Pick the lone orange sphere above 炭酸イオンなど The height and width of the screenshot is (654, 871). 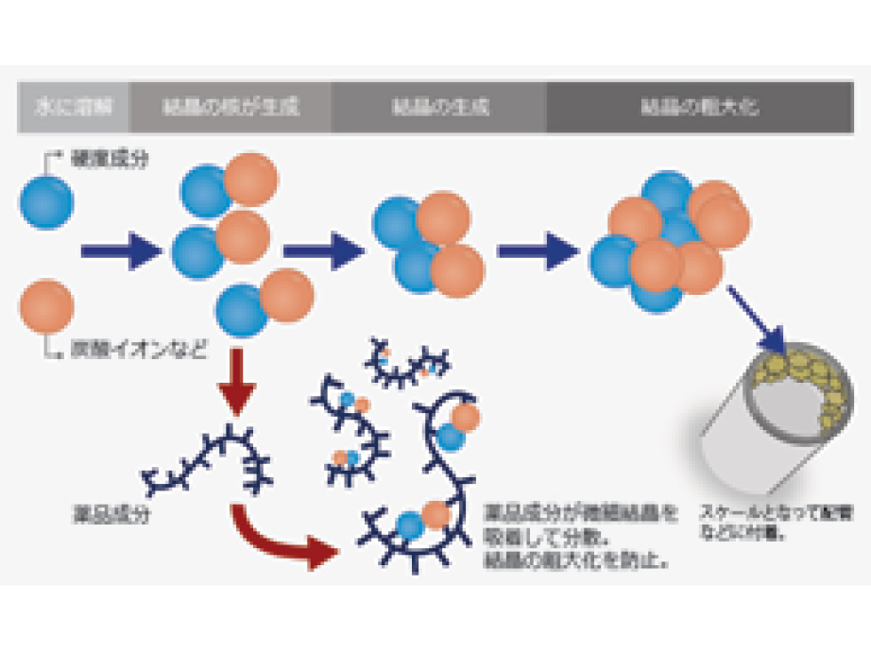click(x=46, y=304)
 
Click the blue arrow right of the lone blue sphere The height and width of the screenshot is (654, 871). click(x=124, y=251)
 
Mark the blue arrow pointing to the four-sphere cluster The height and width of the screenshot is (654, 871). click(x=323, y=250)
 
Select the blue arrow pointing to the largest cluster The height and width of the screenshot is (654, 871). click(x=538, y=250)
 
